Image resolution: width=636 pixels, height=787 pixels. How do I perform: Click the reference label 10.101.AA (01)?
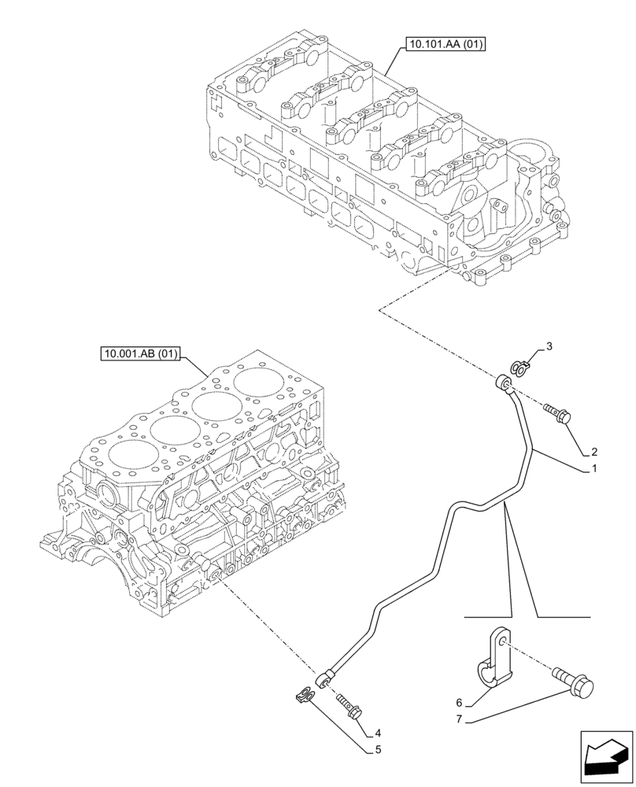446,44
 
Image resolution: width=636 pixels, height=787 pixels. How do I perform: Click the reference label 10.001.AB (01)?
139,354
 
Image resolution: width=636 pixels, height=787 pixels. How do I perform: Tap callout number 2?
595,453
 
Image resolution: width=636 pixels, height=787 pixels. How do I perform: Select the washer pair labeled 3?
520,365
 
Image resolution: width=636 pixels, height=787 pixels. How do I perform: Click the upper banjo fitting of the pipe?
503,384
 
